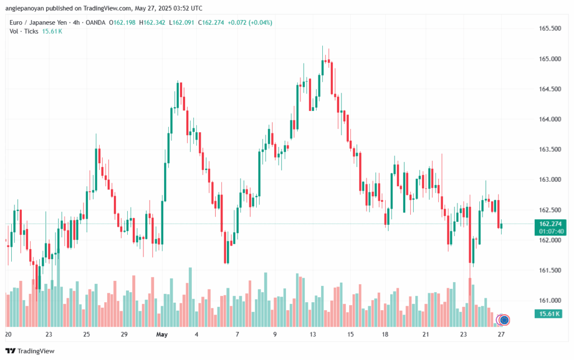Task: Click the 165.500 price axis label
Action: tap(549, 29)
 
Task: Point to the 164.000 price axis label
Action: tap(549, 119)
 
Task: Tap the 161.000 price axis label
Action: tap(549, 301)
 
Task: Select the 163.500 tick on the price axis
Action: tap(549, 150)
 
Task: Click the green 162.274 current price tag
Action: tap(549, 223)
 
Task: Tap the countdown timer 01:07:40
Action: tap(549, 231)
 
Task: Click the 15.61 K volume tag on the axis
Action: tap(549, 313)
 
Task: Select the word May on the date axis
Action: tap(161, 335)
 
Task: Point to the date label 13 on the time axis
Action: tap(313, 335)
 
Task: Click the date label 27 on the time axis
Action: tap(501, 335)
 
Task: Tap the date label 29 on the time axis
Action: tap(124, 335)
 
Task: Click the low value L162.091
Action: tap(183, 22)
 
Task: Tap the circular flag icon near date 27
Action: tap(504, 320)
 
